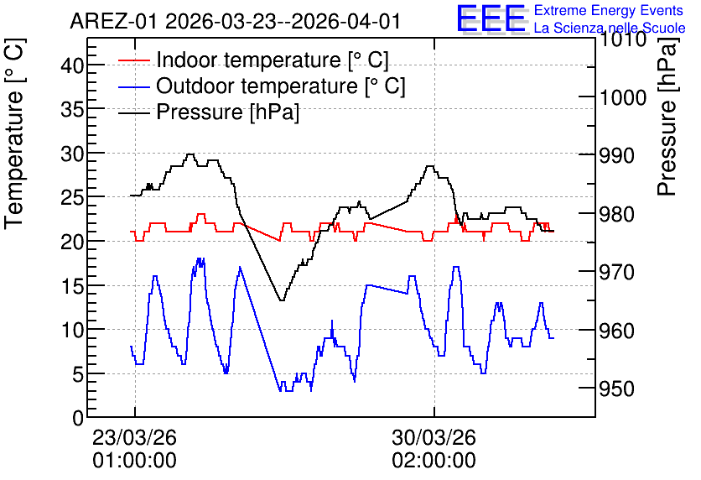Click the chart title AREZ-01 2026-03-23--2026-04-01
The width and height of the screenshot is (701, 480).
coord(235,22)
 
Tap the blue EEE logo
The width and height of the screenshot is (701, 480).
coord(491,18)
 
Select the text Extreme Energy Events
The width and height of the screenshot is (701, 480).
coord(609,10)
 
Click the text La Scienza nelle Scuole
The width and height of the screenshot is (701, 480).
coord(610,28)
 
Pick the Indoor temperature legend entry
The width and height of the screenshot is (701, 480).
coord(253,60)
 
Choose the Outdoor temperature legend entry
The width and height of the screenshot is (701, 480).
coord(262,86)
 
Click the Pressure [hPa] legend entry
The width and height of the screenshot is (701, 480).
coord(209,112)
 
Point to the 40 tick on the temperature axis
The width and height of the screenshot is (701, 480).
coord(72,65)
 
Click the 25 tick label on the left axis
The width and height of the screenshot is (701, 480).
coord(72,198)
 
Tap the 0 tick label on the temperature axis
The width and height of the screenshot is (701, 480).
coord(78,418)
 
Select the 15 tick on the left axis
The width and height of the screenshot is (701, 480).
coord(72,286)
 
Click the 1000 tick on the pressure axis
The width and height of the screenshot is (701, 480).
coord(623,97)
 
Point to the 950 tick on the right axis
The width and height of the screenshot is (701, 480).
coord(616,389)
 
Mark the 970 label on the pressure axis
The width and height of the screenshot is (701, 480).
coord(616,272)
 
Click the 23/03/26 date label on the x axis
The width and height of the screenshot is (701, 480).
coord(134,437)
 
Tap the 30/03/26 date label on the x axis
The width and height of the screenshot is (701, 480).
coord(434,437)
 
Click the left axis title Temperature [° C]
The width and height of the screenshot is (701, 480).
coord(14,134)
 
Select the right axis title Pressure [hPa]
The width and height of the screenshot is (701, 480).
coord(668,117)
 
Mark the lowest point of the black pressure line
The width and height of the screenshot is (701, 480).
coord(282,300)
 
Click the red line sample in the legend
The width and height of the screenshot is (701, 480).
coord(133,60)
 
